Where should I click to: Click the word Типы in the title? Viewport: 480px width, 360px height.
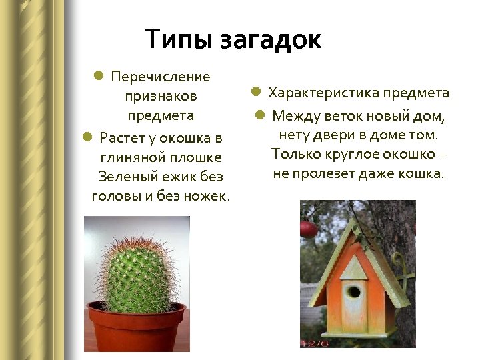[x=175, y=39]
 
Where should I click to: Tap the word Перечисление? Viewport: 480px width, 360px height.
[x=161, y=77]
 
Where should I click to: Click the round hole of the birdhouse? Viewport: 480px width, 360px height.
[x=353, y=291]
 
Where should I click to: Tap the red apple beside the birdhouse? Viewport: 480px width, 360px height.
[x=308, y=229]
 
